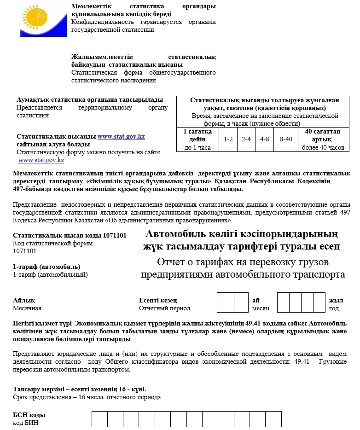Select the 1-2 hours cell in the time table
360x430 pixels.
pyautogui.click(x=228, y=139)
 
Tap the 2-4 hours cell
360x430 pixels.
pyautogui.click(x=246, y=139)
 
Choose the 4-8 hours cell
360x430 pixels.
pyautogui.click(x=265, y=139)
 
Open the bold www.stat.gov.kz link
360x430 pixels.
pyautogui.click(x=121, y=137)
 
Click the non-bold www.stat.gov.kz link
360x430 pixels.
pyautogui.click(x=41, y=160)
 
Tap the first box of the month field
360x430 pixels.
pyautogui.click(x=225, y=302)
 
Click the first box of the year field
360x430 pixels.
pyautogui.click(x=283, y=302)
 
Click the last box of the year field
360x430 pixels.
pyautogui.click(x=319, y=302)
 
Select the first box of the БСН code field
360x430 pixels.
pyautogui.click(x=99, y=419)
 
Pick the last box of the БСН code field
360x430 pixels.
pyautogui.click(x=273, y=419)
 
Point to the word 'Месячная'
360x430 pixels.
pyautogui.click(x=27, y=308)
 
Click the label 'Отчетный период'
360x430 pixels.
pyautogui.click(x=164, y=308)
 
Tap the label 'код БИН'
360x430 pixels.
pyautogui.click(x=26, y=423)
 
